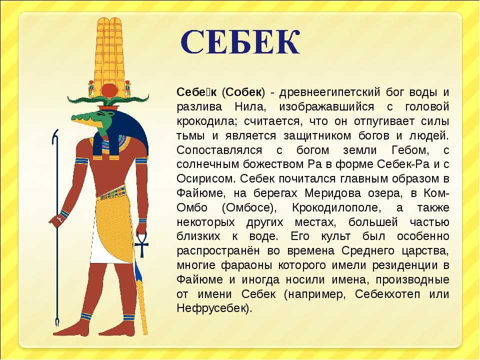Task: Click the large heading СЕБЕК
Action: (x=240, y=42)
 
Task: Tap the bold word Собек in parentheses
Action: (x=245, y=92)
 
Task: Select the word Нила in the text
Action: (x=249, y=107)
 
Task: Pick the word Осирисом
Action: (x=206, y=179)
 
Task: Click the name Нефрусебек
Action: (x=213, y=308)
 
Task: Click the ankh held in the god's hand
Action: (x=141, y=244)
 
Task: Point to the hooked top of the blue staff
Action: (x=54, y=135)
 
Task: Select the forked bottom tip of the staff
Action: (x=56, y=322)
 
